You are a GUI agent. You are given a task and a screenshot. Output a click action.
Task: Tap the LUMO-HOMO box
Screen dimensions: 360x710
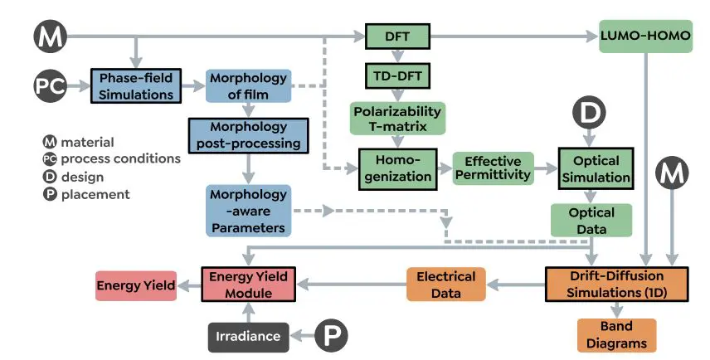(645, 37)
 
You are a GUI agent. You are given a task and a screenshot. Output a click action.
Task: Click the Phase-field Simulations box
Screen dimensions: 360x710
(136, 85)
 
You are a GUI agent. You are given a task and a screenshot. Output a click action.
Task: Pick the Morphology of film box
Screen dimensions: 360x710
(248, 85)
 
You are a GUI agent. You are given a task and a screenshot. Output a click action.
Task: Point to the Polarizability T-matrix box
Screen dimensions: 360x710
(398, 119)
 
